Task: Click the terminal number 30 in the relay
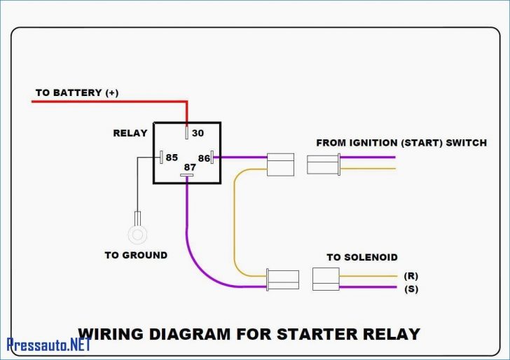tap(198, 133)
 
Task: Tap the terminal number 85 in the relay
tap(172, 158)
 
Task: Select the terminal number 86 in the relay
tap(205, 158)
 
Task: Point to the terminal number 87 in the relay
tap(189, 167)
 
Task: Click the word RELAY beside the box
tap(130, 133)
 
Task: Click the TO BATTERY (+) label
tap(78, 92)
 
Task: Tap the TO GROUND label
tap(136, 255)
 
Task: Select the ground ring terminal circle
tap(137, 233)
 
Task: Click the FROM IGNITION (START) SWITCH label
tap(401, 142)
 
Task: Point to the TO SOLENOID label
tap(361, 257)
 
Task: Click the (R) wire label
tap(411, 276)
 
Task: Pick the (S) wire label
tap(411, 288)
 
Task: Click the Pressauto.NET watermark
tap(49, 344)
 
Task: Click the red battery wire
tap(105, 102)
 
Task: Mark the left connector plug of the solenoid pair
tap(283, 279)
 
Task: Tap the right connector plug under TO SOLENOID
tap(326, 279)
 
